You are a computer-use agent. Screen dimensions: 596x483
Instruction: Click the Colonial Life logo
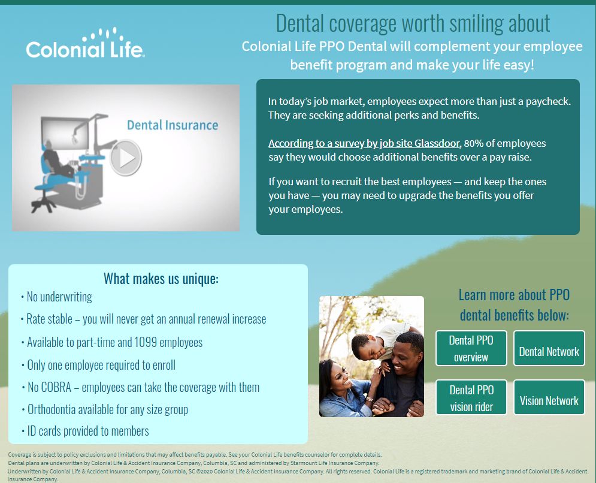[86, 43]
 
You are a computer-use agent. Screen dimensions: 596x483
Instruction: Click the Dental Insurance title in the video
[173, 125]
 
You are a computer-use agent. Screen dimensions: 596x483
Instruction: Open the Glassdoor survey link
[364, 143]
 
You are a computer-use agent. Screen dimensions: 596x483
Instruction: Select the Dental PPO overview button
[471, 348]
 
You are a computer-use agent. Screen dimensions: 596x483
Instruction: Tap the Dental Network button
[549, 348]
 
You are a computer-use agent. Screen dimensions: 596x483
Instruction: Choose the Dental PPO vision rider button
[471, 397]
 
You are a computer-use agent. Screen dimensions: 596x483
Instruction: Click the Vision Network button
[549, 397]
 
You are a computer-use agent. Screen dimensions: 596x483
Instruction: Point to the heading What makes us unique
[161, 279]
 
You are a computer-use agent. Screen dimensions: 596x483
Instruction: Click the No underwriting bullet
[57, 297]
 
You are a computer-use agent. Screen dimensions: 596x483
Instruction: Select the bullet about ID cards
[85, 431]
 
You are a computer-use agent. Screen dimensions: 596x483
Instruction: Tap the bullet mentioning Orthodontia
[105, 410]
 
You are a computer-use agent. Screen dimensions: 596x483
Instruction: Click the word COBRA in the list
[56, 388]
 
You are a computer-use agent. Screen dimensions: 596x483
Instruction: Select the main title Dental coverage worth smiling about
[413, 23]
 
